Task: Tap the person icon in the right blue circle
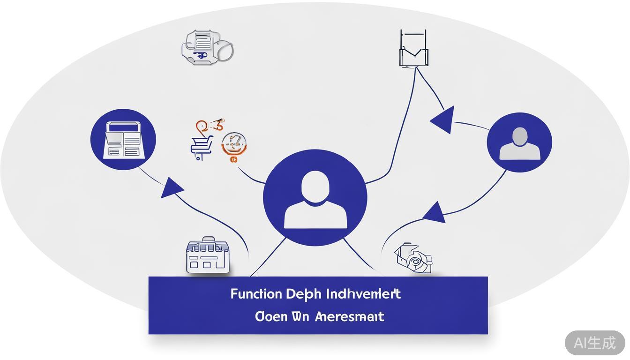point(519,142)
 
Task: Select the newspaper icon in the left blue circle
point(123,139)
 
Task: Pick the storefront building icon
point(208,256)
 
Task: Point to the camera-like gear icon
point(413,257)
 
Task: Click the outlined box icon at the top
point(413,49)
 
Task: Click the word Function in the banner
point(256,294)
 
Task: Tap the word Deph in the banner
point(304,294)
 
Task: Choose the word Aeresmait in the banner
point(350,316)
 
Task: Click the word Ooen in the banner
point(270,316)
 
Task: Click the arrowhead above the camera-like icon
point(435,213)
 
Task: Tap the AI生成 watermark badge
point(594,343)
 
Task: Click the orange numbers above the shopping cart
point(210,126)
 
